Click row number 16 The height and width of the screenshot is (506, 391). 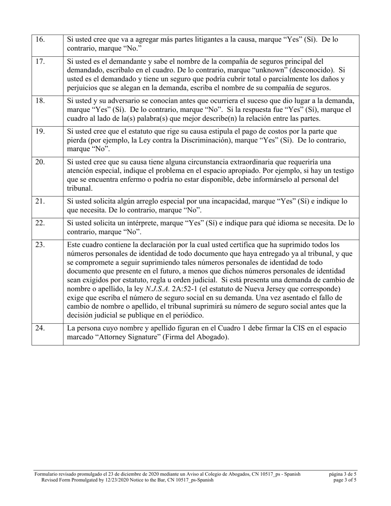pos(40,40)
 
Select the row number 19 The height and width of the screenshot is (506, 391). pos(40,132)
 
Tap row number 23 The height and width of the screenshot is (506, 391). pos(40,245)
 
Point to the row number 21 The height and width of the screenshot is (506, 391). pos(40,202)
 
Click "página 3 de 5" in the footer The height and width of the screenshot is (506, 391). pos(342,474)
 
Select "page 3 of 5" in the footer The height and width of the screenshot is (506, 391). pos(345,480)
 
